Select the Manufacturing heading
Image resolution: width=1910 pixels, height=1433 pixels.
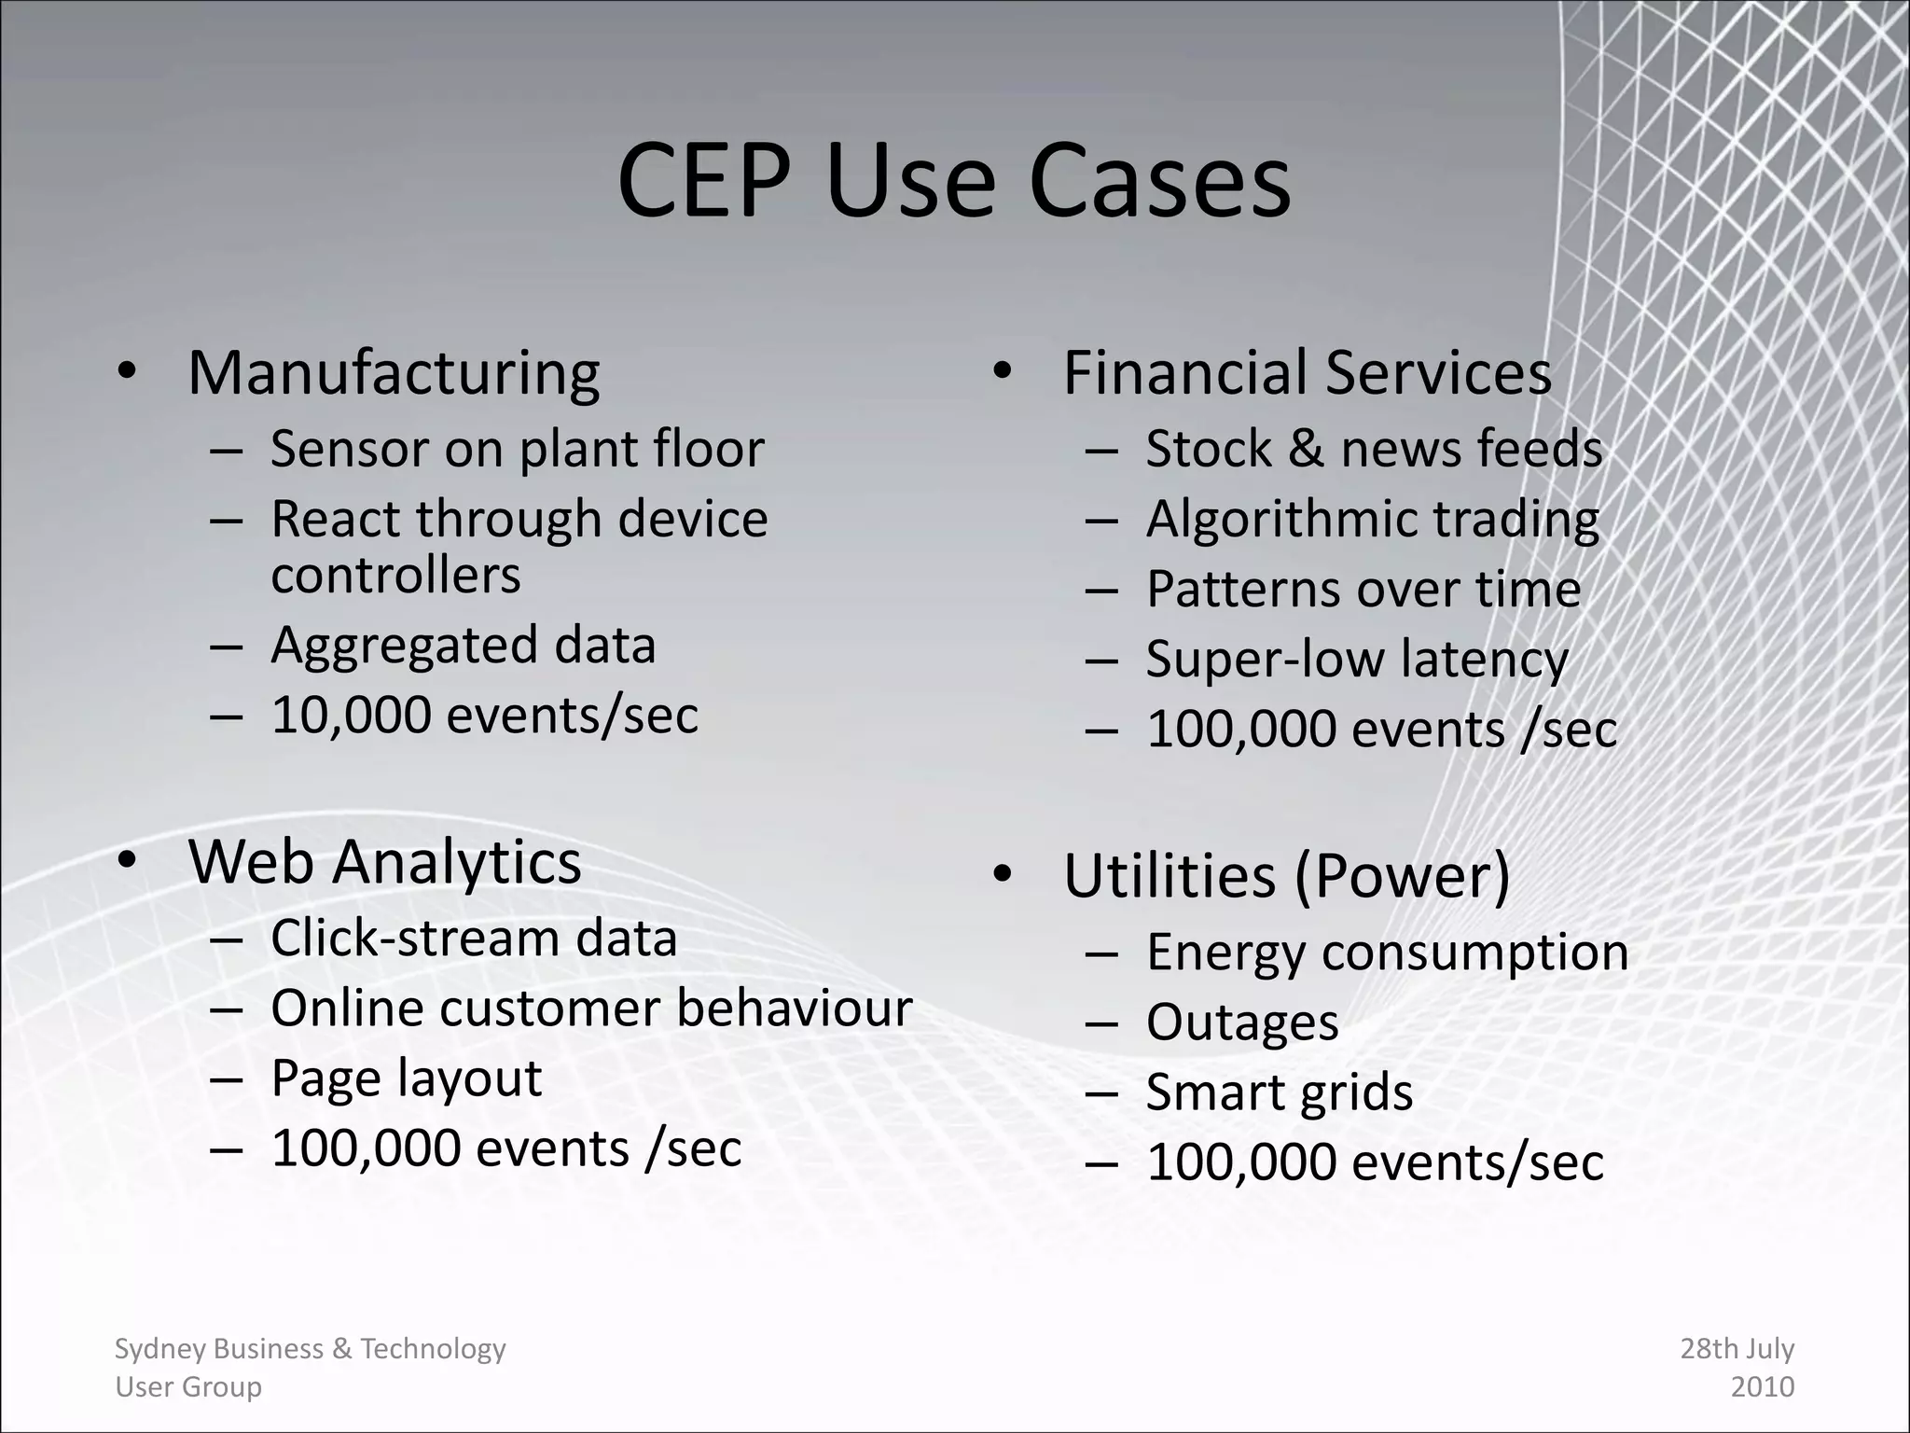tap(394, 373)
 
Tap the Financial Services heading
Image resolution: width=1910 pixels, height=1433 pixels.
tap(1307, 373)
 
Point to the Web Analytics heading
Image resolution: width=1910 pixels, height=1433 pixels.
tap(384, 861)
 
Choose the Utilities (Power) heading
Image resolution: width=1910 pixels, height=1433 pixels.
tap(1286, 876)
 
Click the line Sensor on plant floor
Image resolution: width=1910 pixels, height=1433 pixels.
tap(517, 449)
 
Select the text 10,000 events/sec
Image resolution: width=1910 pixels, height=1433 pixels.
tap(484, 716)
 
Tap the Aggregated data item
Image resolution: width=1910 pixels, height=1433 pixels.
tap(463, 646)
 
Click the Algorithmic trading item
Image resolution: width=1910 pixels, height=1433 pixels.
tap(1372, 520)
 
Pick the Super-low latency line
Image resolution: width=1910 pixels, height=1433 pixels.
tap(1357, 660)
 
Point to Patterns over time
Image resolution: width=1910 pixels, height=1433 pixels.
tap(1363, 590)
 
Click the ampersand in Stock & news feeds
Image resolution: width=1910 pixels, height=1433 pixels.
tap(1305, 449)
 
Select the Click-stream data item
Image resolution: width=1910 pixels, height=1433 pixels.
tap(474, 939)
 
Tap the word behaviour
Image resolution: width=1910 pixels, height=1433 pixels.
tap(794, 1009)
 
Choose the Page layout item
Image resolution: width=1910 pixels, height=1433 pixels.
tap(406, 1079)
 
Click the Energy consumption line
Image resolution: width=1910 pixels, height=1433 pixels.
tap(1387, 953)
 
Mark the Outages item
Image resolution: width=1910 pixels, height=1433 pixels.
tap(1242, 1023)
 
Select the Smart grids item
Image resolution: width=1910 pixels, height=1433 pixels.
tap(1279, 1092)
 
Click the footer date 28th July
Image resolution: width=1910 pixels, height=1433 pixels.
tap(1737, 1349)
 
